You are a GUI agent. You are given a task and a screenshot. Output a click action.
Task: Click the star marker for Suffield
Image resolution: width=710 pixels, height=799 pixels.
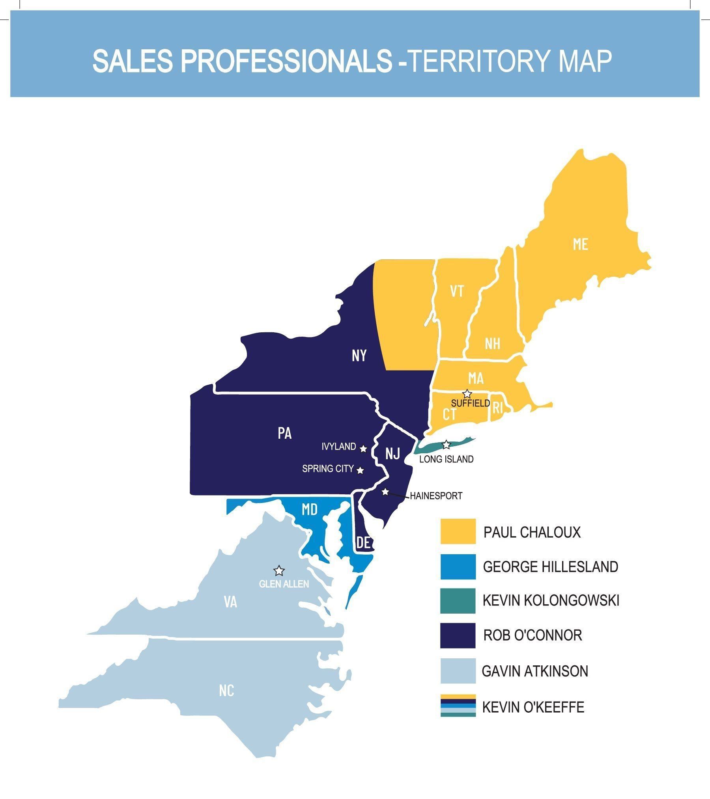pyautogui.click(x=467, y=394)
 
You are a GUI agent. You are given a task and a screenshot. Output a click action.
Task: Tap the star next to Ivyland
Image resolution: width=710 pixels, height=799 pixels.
pyautogui.click(x=364, y=449)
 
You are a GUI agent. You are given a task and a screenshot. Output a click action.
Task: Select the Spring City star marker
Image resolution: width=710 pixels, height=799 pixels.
pyautogui.click(x=360, y=470)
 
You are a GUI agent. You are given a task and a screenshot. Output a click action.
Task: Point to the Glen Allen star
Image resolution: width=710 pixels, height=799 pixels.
pyautogui.click(x=279, y=571)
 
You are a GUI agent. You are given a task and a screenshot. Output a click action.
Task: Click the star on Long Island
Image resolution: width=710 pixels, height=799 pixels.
pyautogui.click(x=446, y=445)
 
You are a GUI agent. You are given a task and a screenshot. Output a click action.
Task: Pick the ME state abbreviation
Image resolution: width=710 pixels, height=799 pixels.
pyautogui.click(x=581, y=244)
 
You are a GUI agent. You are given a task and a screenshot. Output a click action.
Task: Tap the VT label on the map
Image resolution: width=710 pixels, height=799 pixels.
pyautogui.click(x=457, y=291)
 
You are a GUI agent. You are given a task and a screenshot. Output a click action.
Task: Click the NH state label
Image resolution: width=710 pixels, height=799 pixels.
pyautogui.click(x=493, y=344)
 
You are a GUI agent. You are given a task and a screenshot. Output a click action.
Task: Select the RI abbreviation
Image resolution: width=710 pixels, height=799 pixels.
pyautogui.click(x=498, y=408)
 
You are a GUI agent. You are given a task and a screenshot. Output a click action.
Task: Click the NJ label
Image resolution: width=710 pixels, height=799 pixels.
pyautogui.click(x=392, y=454)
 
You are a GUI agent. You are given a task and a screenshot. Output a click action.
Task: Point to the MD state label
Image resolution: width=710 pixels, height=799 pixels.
pyautogui.click(x=310, y=510)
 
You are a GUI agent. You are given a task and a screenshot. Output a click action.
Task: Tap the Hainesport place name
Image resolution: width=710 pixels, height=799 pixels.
pyautogui.click(x=436, y=496)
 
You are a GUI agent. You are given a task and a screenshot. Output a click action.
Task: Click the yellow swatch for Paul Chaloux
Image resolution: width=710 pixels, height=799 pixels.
pyautogui.click(x=458, y=532)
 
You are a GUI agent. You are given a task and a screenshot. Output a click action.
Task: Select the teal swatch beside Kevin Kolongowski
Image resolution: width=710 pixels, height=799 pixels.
pyautogui.click(x=458, y=601)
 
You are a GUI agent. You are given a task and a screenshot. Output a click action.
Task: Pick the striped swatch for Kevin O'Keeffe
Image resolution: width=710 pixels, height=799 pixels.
pyautogui.click(x=458, y=706)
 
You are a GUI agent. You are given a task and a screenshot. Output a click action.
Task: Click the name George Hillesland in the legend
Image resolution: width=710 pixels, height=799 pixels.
pyautogui.click(x=551, y=567)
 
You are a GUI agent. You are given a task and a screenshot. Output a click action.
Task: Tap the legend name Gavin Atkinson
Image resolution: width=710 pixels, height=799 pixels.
pyautogui.click(x=535, y=671)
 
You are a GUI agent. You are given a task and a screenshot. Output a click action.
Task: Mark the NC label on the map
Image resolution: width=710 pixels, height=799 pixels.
pyautogui.click(x=227, y=691)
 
